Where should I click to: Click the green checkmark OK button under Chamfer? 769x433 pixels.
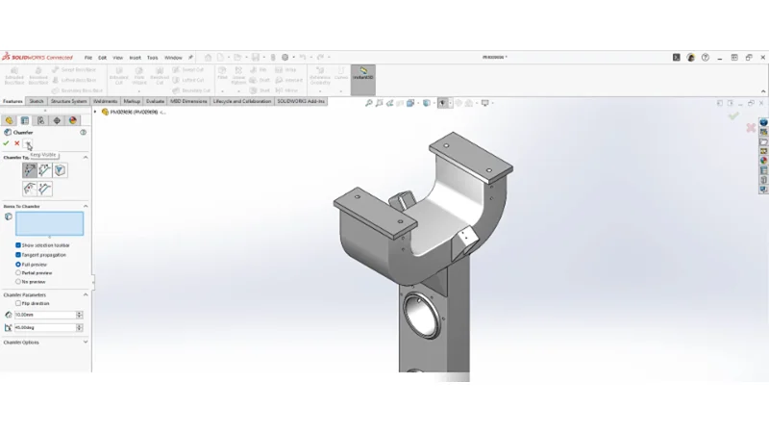pos(6,143)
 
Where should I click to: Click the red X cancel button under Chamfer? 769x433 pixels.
pos(16,143)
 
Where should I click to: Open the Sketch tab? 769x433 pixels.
pos(37,101)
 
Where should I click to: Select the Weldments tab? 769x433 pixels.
pos(105,101)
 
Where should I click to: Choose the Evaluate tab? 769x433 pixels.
pos(155,101)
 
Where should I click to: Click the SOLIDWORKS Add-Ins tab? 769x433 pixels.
pos(301,101)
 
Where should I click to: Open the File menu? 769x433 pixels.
pos(88,58)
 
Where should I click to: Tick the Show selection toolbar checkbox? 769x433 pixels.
pos(18,245)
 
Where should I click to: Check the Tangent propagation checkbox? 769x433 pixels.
pos(18,255)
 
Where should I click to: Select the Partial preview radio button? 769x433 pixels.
pos(18,272)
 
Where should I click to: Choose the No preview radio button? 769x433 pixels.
pos(18,281)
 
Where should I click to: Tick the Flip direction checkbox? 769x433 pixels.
pos(18,303)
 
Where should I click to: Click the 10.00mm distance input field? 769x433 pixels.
pos(45,315)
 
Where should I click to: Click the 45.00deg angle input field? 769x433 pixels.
pos(45,327)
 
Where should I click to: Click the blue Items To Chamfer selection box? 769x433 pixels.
pos(49,223)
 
